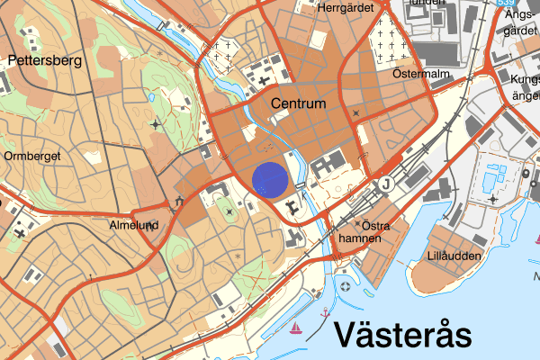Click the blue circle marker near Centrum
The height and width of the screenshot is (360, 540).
point(269,178)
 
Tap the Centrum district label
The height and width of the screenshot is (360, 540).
point(298,105)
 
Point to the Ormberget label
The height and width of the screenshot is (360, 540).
point(31,155)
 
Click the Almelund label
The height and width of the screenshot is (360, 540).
point(133,225)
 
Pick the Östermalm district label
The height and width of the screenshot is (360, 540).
point(420,74)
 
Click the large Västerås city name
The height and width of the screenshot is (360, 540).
point(403,335)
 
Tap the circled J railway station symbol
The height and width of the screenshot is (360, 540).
point(387,184)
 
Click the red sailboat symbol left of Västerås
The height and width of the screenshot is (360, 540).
point(295,328)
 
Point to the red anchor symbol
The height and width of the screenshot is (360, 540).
point(325,311)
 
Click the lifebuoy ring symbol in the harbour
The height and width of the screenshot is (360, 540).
point(346,287)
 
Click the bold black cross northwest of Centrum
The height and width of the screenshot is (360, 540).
point(265,82)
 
